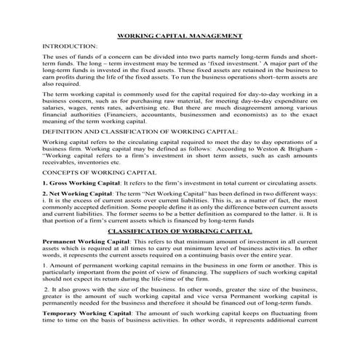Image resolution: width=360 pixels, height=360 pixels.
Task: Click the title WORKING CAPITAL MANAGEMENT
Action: (x=180, y=36)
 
